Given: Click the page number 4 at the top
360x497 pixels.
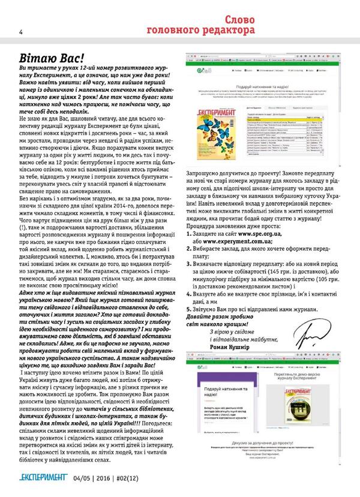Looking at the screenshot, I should click(4, 32).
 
